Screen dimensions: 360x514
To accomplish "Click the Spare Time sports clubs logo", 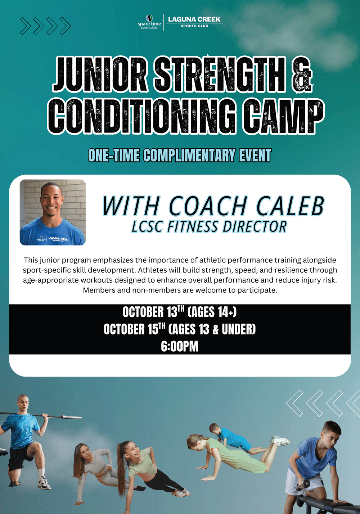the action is (149, 22).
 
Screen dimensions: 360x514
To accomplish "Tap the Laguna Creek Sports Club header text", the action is (194, 22).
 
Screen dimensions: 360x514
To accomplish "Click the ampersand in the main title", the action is (302, 76).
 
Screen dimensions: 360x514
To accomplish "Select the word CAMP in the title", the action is (284, 117).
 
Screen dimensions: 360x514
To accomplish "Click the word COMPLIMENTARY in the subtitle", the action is (189, 155).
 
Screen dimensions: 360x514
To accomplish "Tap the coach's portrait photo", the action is (53, 212).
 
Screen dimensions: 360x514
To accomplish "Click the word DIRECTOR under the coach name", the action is (255, 226).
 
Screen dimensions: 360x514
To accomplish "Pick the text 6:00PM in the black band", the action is (180, 347).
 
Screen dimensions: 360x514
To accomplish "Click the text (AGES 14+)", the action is (212, 312).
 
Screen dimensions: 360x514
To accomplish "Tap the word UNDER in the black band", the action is (239, 329).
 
